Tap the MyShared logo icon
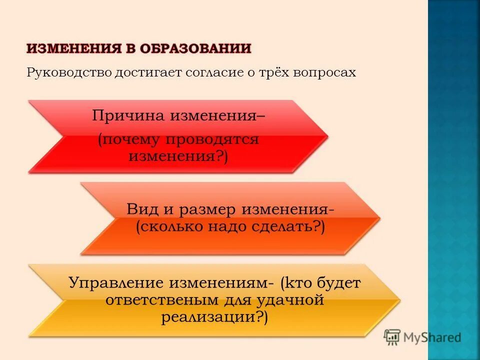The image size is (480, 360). [x=392, y=337]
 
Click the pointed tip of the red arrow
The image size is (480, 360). [x=327, y=136]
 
